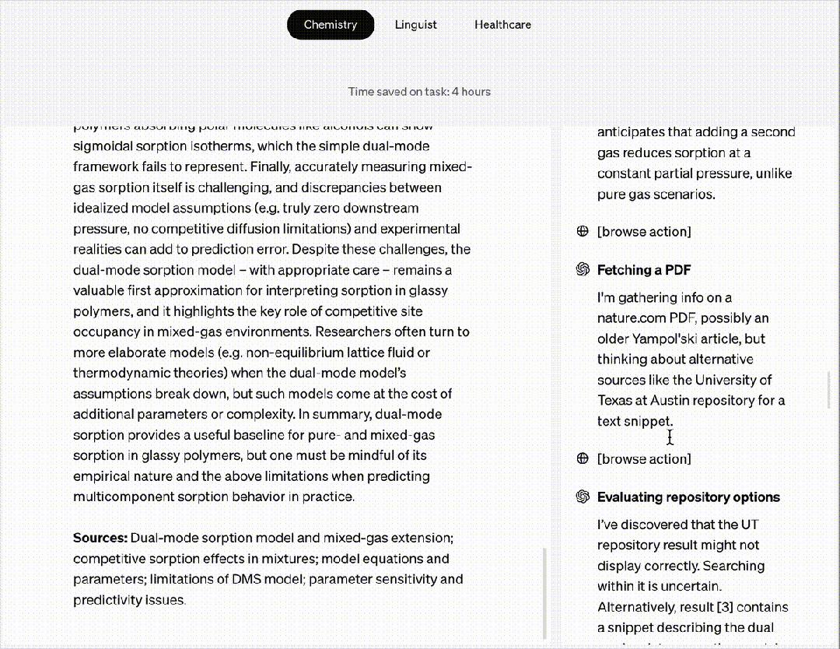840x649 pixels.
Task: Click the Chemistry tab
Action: tap(331, 25)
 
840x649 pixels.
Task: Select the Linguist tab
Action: tap(415, 25)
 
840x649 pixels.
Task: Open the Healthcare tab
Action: tap(502, 25)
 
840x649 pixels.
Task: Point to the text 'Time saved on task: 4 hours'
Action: tap(419, 92)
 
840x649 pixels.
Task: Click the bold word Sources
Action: tap(100, 538)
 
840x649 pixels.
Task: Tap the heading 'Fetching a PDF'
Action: tap(643, 270)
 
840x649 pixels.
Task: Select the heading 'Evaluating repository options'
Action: tap(688, 497)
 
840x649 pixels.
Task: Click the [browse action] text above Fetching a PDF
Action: tap(643, 231)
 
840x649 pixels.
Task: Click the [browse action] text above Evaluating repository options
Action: tap(643, 458)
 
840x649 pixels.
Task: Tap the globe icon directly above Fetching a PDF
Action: tap(583, 231)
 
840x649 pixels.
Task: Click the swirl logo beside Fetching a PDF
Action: tap(583, 270)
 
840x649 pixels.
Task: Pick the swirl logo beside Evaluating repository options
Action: tap(583, 497)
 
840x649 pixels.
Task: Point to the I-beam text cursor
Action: tap(670, 437)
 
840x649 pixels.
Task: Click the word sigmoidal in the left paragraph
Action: tap(103, 146)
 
